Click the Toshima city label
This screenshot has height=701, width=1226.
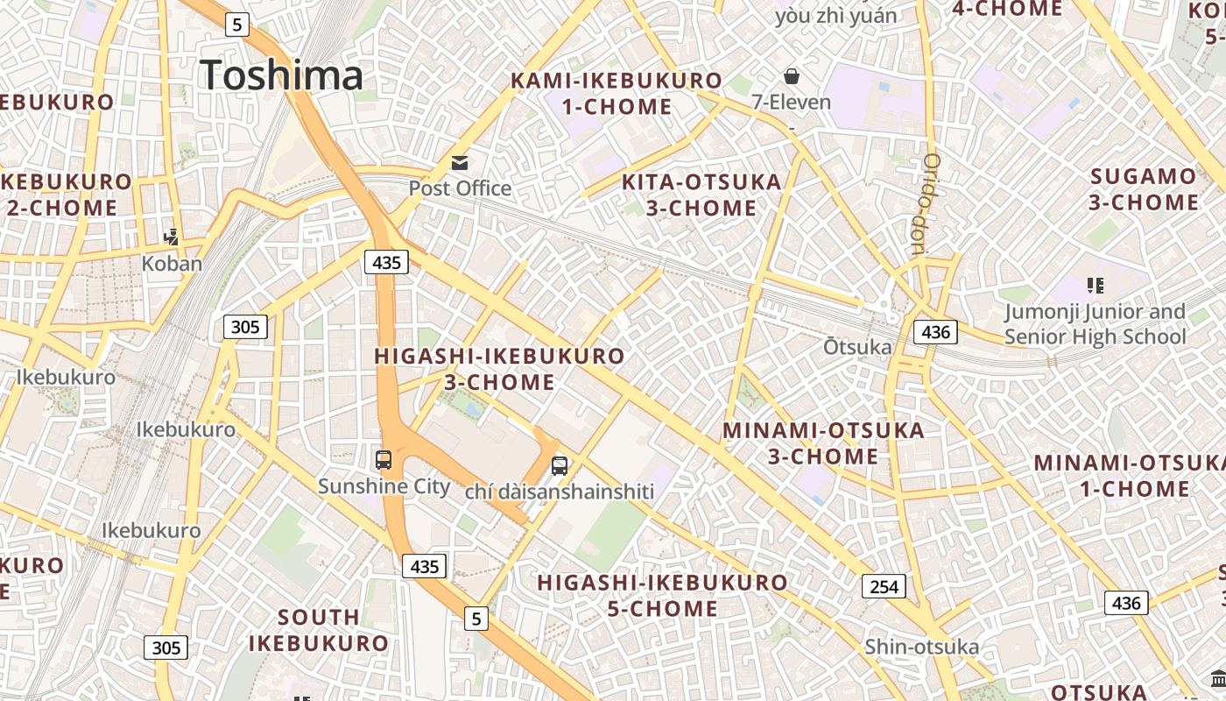(280, 74)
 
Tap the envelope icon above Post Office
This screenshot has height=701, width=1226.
(460, 163)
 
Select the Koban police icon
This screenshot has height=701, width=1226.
(173, 237)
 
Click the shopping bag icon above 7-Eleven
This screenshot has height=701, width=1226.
(792, 76)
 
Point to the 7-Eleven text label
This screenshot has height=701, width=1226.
(792, 102)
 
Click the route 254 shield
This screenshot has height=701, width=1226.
(884, 586)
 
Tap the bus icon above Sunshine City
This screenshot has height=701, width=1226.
(384, 459)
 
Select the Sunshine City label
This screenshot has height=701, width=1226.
(384, 486)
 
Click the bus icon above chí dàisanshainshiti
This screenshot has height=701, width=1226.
(560, 466)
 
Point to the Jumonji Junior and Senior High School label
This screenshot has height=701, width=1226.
(1095, 324)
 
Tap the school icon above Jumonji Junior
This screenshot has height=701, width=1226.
(1095, 285)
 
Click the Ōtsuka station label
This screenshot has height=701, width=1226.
(857, 347)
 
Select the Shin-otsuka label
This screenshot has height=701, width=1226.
(921, 647)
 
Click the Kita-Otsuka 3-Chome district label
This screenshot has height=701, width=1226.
(701, 195)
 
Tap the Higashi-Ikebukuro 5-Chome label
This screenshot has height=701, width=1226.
(662, 595)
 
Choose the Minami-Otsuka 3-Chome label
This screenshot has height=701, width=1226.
(823, 443)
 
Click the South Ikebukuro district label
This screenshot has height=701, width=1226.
(318, 629)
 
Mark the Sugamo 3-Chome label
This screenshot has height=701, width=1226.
(1144, 188)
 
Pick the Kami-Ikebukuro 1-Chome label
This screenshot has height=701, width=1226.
(617, 94)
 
